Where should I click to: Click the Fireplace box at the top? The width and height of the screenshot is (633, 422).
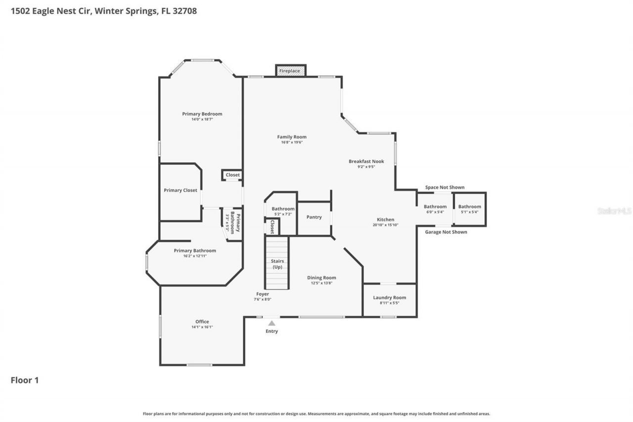click(x=290, y=71)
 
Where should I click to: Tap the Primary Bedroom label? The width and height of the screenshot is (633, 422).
click(x=202, y=114)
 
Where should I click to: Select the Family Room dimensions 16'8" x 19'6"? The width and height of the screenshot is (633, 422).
click(x=291, y=142)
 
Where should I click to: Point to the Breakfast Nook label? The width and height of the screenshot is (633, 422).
click(x=366, y=161)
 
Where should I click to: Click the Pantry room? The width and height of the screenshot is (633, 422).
click(x=314, y=217)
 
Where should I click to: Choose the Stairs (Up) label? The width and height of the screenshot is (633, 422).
click(x=277, y=264)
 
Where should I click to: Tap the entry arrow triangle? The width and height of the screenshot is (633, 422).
click(x=271, y=323)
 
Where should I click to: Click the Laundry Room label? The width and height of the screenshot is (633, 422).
click(x=389, y=297)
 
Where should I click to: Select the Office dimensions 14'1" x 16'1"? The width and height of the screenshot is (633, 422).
click(x=202, y=327)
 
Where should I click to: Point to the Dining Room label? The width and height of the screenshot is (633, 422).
click(x=321, y=278)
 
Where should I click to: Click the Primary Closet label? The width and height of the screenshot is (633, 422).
click(x=181, y=190)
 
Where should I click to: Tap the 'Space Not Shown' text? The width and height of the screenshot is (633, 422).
click(x=445, y=188)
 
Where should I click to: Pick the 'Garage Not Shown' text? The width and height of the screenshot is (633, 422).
click(x=446, y=232)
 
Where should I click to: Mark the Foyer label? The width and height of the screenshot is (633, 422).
click(x=262, y=294)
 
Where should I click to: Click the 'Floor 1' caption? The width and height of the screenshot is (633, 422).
click(x=25, y=380)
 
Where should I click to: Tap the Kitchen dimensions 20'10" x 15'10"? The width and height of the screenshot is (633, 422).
click(x=385, y=225)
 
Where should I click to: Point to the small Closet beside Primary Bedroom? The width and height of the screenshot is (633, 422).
click(x=232, y=175)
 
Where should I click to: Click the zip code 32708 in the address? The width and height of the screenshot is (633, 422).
click(x=184, y=10)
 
